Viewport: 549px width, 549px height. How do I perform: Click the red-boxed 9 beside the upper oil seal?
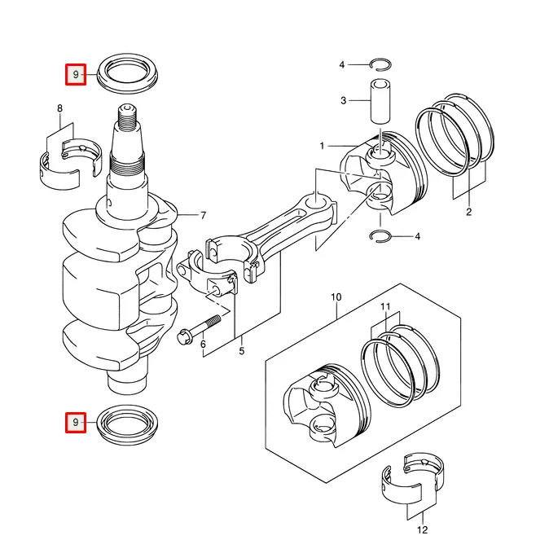[x=76, y=74]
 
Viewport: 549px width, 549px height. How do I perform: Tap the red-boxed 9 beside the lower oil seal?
[x=76, y=422]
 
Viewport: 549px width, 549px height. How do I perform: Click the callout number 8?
[x=60, y=108]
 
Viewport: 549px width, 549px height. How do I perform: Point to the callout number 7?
[x=204, y=215]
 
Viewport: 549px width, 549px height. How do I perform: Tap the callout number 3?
[x=344, y=101]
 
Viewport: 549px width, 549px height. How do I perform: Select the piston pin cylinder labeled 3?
[x=380, y=101]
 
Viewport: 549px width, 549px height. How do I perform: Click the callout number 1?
[x=322, y=146]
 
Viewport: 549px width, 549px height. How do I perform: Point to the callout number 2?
[x=469, y=212]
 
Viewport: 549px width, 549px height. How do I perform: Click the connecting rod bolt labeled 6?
[x=200, y=329]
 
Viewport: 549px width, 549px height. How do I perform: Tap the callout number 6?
[x=204, y=345]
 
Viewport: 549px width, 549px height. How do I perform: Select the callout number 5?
[x=242, y=351]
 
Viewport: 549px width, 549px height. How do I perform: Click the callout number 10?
[x=336, y=297]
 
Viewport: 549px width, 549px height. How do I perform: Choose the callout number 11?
[x=385, y=307]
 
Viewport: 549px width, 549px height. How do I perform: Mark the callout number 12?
[x=423, y=529]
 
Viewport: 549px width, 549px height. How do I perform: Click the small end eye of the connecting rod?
[x=316, y=201]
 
